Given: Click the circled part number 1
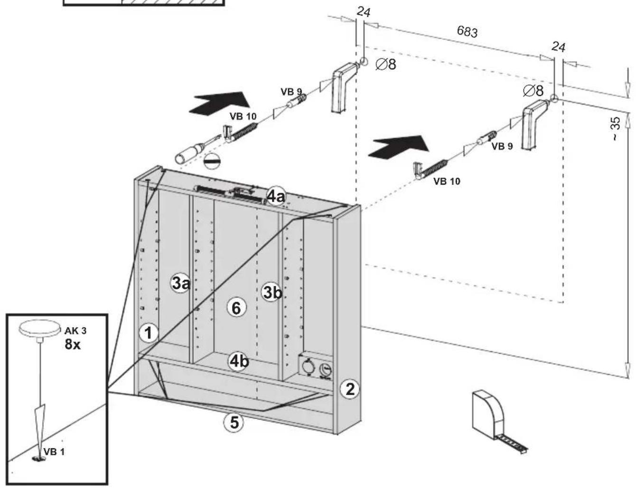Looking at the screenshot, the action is click(149, 333).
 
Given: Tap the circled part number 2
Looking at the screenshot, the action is click(349, 389).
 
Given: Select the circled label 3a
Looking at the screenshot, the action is click(180, 283).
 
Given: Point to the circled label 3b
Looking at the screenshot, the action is click(272, 292).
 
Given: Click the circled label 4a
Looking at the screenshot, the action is click(276, 196).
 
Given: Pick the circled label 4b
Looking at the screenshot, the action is click(239, 361).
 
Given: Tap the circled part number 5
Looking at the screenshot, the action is click(234, 423).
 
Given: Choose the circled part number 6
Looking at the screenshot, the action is click(236, 308).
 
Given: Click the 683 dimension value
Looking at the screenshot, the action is click(467, 32).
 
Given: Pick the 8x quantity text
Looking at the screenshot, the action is click(72, 344).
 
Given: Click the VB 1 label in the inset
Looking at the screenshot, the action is click(54, 452).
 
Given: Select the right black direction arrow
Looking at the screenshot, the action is click(399, 147).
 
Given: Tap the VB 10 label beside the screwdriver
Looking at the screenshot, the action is click(243, 116).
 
